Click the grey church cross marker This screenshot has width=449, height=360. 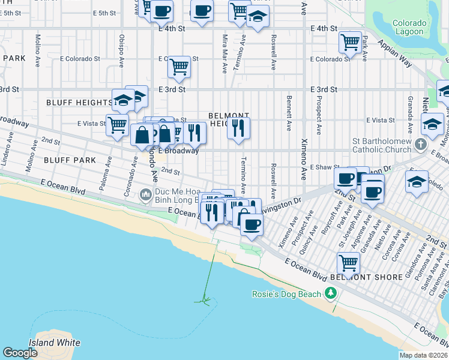point(421,144)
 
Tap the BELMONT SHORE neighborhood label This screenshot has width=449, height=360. point(357,277)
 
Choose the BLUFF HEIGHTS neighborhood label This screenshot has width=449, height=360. point(79,103)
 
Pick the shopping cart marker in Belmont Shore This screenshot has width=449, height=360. point(348,262)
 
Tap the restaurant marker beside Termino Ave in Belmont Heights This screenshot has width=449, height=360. point(238,128)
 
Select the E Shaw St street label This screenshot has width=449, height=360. point(324,168)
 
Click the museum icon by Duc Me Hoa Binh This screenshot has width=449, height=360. point(145,194)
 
